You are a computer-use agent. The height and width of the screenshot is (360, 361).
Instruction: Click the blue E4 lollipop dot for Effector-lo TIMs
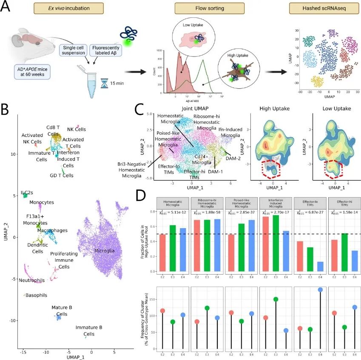tap(320, 289)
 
